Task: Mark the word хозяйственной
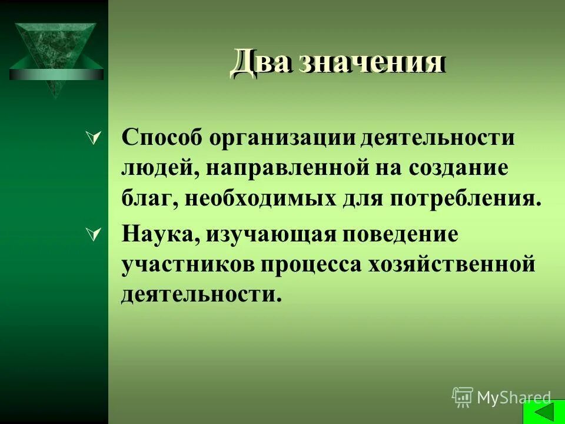pos(451,265)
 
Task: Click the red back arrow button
pos(542,411)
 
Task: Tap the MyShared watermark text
pos(514,398)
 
